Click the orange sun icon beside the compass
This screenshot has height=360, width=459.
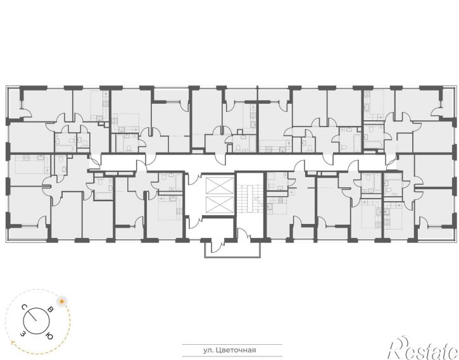pos(61,301)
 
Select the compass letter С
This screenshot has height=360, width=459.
pos(24,307)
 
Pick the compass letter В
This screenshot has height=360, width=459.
pos(51,309)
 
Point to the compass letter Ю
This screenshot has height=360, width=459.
pos(49,337)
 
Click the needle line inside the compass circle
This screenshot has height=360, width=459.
pos(32,316)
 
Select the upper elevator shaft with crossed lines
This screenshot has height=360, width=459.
pos(220,185)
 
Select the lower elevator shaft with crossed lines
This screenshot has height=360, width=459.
pos(220,205)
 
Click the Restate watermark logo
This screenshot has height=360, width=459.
pos(424,348)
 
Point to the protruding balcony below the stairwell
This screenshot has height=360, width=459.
pos(232,249)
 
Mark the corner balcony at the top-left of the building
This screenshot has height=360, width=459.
pos(14,103)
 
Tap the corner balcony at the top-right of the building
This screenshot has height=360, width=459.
pos(447,103)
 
